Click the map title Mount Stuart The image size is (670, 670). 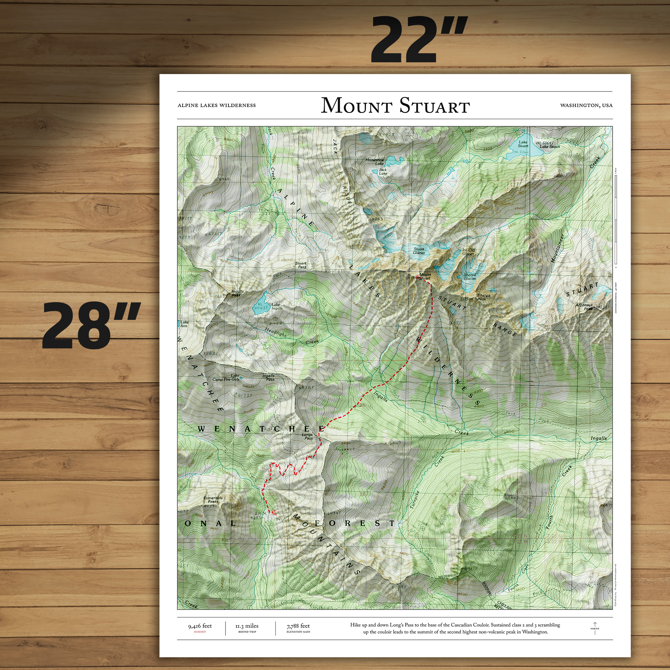point(395,106)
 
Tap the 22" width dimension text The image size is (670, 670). point(418,40)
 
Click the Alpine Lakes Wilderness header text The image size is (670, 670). point(216,106)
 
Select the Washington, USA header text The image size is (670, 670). point(586,106)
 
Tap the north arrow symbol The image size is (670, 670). point(595,628)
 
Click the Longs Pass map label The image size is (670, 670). point(308,436)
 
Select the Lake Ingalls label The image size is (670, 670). point(276,307)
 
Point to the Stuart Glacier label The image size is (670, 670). point(419,251)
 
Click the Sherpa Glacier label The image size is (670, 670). point(470,276)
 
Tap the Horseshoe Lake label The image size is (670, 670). point(375,161)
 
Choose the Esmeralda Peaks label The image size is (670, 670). point(213,499)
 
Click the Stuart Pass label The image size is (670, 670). point(301,265)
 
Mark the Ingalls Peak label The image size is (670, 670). point(238,293)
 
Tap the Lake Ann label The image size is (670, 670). point(184,324)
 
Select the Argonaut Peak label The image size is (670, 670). point(584,307)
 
